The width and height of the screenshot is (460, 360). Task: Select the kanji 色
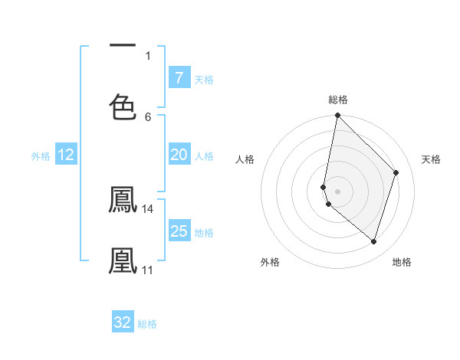click(x=123, y=106)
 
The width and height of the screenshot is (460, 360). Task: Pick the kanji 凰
click(x=123, y=260)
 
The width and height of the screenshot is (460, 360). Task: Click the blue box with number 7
click(x=179, y=78)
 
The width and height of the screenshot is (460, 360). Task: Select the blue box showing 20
click(x=179, y=155)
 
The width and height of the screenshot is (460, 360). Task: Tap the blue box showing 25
click(x=179, y=231)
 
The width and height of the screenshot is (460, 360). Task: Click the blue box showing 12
click(x=66, y=155)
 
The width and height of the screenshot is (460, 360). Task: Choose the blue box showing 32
click(x=123, y=322)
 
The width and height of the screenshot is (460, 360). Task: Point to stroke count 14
click(x=148, y=208)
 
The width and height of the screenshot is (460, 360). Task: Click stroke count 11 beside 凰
click(x=147, y=270)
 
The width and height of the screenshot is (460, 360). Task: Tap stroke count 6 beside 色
click(x=148, y=116)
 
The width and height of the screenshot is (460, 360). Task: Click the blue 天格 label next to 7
click(x=204, y=79)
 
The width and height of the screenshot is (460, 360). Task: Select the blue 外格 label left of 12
click(x=41, y=155)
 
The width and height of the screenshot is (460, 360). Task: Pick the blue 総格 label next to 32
click(x=147, y=323)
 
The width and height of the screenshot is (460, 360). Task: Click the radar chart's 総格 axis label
click(x=337, y=100)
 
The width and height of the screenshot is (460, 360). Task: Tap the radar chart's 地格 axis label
click(x=402, y=262)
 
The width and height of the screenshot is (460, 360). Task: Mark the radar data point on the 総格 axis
click(x=337, y=115)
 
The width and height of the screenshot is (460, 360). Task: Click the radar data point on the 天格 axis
click(x=396, y=172)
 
